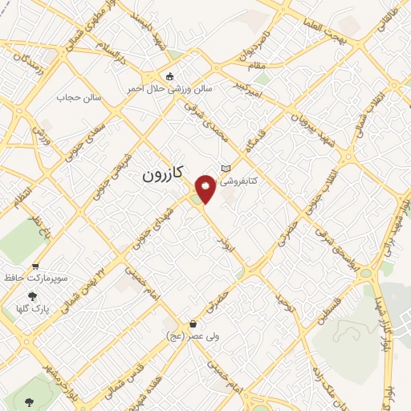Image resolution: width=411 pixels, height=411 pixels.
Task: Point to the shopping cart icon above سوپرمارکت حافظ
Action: [x=35, y=266]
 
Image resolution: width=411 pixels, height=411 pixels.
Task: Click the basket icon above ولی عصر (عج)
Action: [x=193, y=324]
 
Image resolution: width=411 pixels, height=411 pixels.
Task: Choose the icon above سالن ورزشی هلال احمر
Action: [x=169, y=77]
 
